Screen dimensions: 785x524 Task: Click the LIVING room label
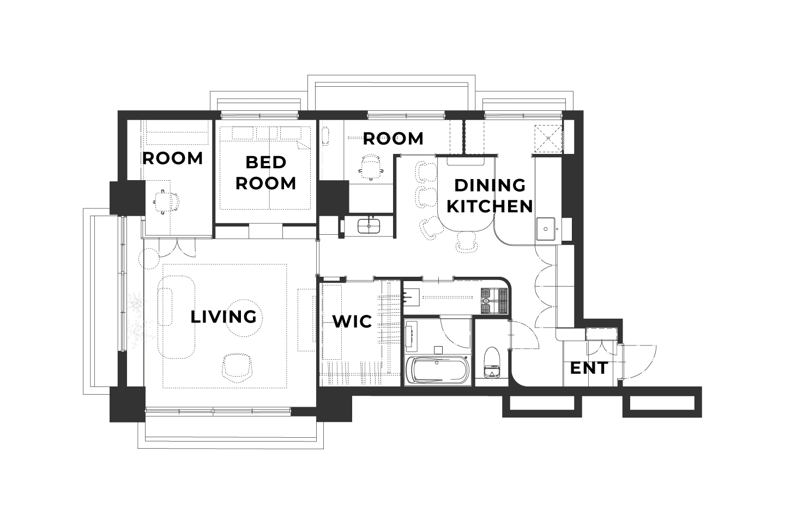click(x=224, y=317)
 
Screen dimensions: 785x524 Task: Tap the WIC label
click(x=352, y=321)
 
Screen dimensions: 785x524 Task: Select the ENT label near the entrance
click(x=589, y=368)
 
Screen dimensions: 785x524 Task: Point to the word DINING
click(x=490, y=186)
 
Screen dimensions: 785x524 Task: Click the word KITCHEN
click(x=490, y=206)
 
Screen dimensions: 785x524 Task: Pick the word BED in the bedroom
click(x=266, y=162)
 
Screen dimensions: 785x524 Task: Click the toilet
click(x=491, y=362)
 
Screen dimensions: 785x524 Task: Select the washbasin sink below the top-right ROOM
click(x=369, y=225)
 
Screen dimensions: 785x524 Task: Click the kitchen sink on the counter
click(x=546, y=229)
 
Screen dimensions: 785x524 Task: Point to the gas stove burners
click(x=494, y=301)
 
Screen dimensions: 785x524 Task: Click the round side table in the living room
click(x=244, y=318)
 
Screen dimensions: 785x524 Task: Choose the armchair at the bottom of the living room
click(x=237, y=367)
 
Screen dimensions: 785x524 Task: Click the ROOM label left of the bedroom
click(x=172, y=159)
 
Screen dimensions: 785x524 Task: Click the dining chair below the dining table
click(x=467, y=242)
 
